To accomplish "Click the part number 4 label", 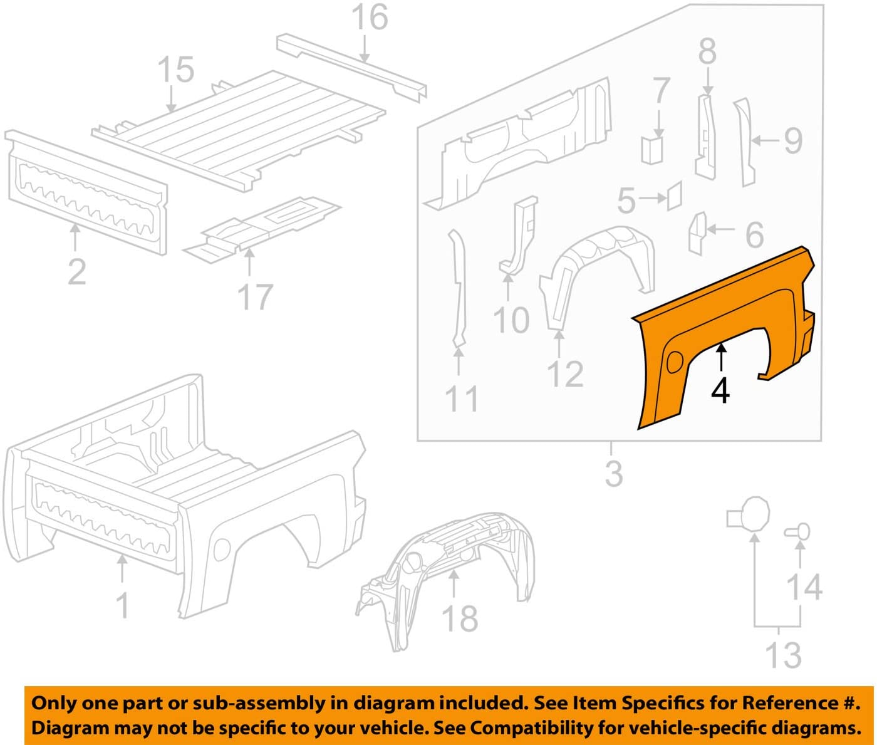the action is pyautogui.click(x=720, y=391).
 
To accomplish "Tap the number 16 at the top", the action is pyautogui.click(x=370, y=17).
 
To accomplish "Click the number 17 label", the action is pyautogui.click(x=254, y=297).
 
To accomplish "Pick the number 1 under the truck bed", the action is pyautogui.click(x=123, y=605).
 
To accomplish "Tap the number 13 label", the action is pyautogui.click(x=783, y=679).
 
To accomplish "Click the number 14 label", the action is pyautogui.click(x=804, y=587).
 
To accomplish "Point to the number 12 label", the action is pyautogui.click(x=565, y=373).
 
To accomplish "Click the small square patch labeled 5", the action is pyautogui.click(x=674, y=195).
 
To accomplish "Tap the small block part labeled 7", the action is pyautogui.click(x=652, y=150).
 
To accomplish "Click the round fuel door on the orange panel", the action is pyautogui.click(x=674, y=362).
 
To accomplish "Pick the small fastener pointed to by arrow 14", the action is pyautogui.click(x=797, y=532).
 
